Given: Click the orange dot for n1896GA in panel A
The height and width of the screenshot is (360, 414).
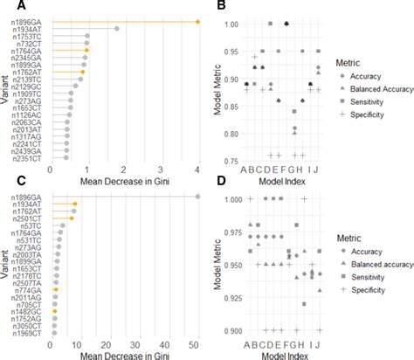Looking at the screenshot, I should [198, 22].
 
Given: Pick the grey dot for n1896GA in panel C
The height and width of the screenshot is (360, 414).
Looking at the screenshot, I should [198, 197].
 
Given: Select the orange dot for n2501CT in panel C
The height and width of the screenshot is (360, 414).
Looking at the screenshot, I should [72, 218].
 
